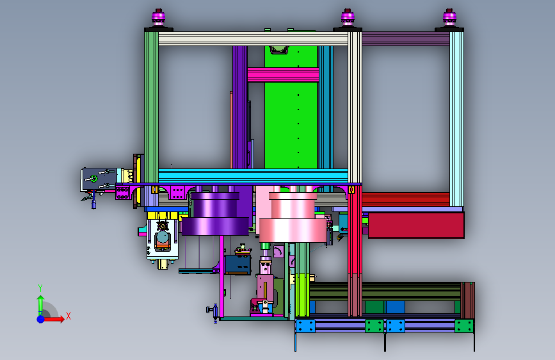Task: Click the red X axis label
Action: point(68,316)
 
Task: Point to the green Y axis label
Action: point(40,288)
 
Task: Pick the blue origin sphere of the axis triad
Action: point(41,319)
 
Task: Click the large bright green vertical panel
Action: point(291,107)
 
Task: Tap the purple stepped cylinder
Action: point(215,214)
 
